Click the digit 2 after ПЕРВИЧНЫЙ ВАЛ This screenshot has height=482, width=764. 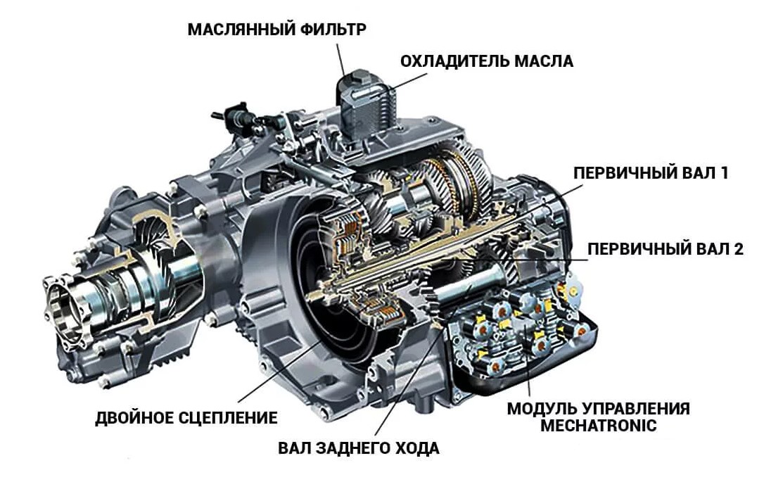point(738,249)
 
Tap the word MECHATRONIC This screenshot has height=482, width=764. point(599,426)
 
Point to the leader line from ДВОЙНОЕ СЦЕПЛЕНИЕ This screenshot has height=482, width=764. point(281,371)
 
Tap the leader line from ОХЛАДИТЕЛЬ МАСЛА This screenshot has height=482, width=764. point(409,81)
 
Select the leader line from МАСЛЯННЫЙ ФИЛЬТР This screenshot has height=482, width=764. point(340,60)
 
